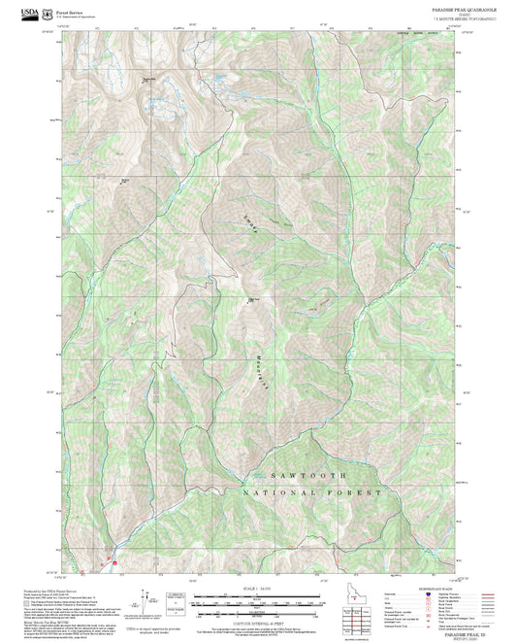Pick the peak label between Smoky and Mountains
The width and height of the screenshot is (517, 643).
pyautogui.click(x=254, y=299)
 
